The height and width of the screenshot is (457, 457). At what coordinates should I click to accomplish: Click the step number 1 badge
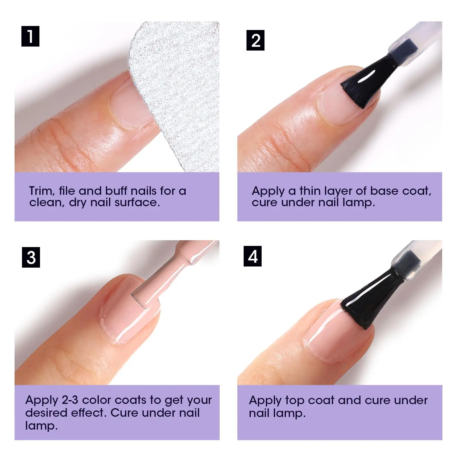pos(30,36)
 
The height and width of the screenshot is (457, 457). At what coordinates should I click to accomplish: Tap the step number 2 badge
pos(255,40)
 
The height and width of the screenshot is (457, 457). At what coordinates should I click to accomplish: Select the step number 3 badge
pos(31,257)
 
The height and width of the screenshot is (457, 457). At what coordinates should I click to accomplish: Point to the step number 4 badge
pos(252,256)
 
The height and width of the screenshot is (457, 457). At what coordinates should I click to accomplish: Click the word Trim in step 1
pos(42,191)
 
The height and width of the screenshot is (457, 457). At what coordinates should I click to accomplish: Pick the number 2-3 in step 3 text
pos(70,400)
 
